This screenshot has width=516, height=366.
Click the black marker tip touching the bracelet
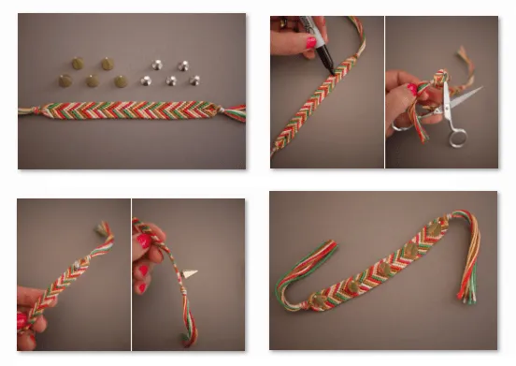(x=329, y=68)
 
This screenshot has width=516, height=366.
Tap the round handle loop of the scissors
(x=457, y=137)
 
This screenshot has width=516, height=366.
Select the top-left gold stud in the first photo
(x=78, y=64)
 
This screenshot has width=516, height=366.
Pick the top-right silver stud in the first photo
(x=183, y=66)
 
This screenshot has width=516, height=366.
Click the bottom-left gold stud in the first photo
(x=65, y=81)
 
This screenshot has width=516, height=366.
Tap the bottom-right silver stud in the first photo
(x=194, y=81)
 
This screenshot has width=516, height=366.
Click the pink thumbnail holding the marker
(x=310, y=42)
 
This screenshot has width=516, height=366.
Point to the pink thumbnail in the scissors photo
(x=411, y=90)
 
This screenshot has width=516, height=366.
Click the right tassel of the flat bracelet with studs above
(x=233, y=113)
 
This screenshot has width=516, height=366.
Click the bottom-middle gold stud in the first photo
(x=93, y=81)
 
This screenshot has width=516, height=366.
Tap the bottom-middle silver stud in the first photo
(x=171, y=81)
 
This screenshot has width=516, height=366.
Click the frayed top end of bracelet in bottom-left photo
(x=102, y=228)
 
